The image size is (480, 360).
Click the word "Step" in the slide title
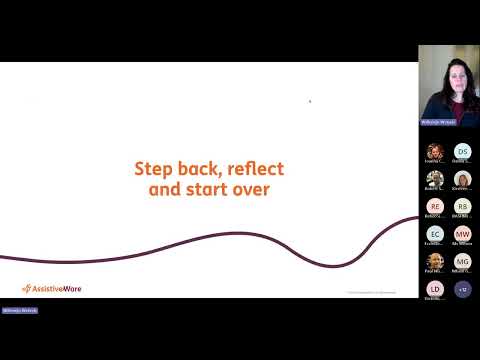point(152,168)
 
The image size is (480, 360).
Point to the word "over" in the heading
point(250,187)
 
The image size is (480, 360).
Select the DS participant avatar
point(462,151)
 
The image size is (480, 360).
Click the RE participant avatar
point(434,206)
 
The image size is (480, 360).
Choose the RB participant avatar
point(462,206)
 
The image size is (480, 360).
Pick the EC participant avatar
point(434,234)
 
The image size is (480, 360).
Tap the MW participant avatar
point(462,234)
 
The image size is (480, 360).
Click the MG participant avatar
point(462,261)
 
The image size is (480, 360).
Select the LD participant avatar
point(434,289)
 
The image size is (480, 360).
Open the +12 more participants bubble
point(462,289)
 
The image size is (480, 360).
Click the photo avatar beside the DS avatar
point(434,151)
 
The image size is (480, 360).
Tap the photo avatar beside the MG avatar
point(434,261)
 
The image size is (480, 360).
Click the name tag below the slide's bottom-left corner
point(19,311)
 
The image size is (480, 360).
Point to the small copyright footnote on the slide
point(371,292)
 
